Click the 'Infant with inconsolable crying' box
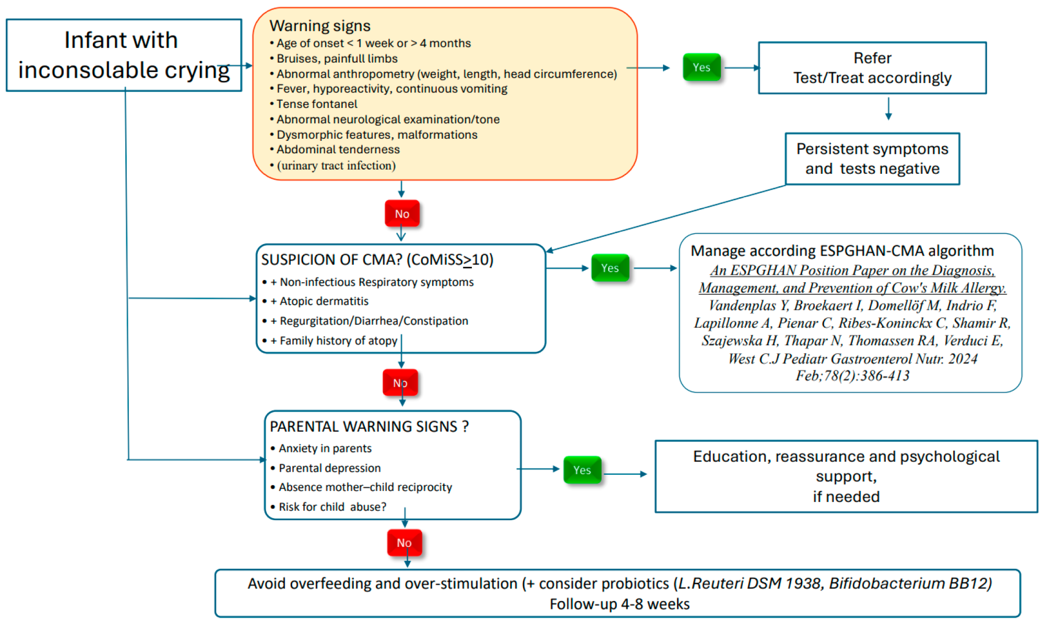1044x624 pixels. (124, 55)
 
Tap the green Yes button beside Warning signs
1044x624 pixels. (701, 67)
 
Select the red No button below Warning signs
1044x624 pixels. (401, 213)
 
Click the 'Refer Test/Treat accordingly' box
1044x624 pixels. (872, 68)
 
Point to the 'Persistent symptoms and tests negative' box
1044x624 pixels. (872, 159)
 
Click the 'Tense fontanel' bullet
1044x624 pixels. (316, 104)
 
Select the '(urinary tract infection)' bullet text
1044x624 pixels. (336, 165)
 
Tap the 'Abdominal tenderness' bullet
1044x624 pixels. (338, 150)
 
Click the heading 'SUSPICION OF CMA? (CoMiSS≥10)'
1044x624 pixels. (377, 259)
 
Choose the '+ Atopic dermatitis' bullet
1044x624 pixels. (324, 301)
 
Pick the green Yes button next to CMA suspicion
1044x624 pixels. (610, 268)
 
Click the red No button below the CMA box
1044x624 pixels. (400, 383)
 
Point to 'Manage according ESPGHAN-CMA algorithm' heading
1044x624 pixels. (841, 251)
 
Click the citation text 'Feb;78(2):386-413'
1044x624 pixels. (852, 376)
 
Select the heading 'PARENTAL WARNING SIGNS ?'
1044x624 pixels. (369, 426)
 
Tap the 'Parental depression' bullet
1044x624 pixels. (329, 468)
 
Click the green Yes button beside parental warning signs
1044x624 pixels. (582, 470)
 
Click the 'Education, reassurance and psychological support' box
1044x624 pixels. (846, 476)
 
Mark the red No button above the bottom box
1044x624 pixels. (404, 543)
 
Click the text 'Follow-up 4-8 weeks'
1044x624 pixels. (619, 604)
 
